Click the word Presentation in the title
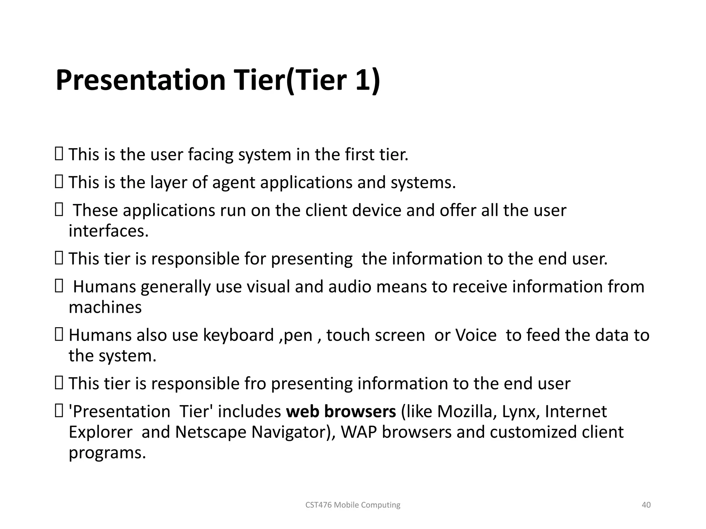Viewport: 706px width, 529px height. pyautogui.click(x=140, y=80)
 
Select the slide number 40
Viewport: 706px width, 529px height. pyautogui.click(x=646, y=505)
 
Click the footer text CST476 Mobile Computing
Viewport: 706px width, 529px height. pyautogui.click(x=353, y=505)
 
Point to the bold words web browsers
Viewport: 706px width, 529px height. pyautogui.click(x=341, y=412)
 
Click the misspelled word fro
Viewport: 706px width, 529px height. pyautogui.click(x=255, y=384)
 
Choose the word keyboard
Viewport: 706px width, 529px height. pyautogui.click(x=238, y=335)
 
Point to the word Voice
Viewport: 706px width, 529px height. pyautogui.click(x=476, y=335)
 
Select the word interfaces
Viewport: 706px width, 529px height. pyautogui.click(x=108, y=231)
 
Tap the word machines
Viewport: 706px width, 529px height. pyautogui.click(x=105, y=307)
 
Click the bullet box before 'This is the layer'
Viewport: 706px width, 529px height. pyautogui.click(x=59, y=181)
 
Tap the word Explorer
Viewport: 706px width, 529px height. pyautogui.click(x=100, y=432)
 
